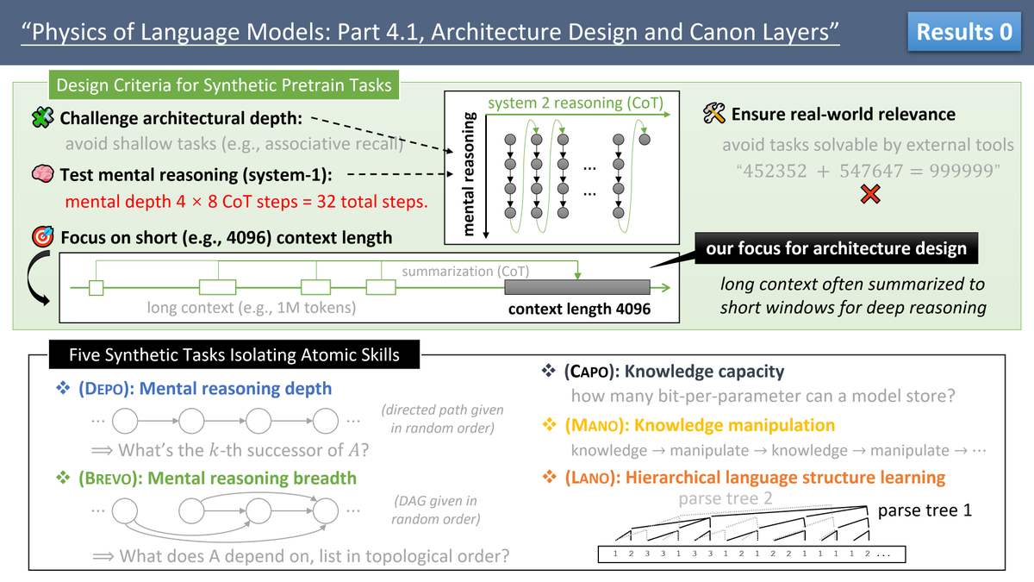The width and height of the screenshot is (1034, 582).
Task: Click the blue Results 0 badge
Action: tap(964, 33)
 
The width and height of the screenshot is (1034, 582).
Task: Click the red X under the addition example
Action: tap(870, 196)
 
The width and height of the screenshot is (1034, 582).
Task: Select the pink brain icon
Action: tap(41, 175)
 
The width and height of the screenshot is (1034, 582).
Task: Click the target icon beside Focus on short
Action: tap(41, 237)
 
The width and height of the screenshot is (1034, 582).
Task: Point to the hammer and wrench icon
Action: tap(714, 114)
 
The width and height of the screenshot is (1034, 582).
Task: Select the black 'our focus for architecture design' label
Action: tap(836, 249)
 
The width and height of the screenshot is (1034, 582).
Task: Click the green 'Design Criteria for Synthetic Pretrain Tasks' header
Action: tap(223, 85)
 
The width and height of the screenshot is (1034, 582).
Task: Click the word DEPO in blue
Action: tap(104, 389)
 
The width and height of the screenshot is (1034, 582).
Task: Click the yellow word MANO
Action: tap(594, 425)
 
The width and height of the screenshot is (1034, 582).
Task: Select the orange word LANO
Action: tap(592, 478)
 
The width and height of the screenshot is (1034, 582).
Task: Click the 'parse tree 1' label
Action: tap(925, 510)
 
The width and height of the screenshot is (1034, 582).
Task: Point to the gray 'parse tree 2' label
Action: tap(726, 499)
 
